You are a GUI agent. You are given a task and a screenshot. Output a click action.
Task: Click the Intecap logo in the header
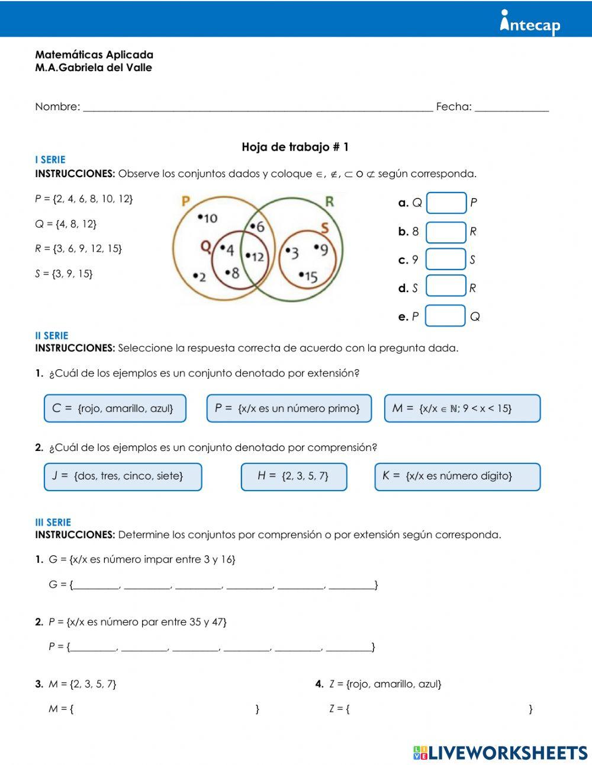pos(530,23)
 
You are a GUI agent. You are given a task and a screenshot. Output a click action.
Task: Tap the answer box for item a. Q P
pos(446,203)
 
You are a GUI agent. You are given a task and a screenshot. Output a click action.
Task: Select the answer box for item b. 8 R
pos(446,232)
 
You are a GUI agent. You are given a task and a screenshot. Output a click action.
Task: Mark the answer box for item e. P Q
pos(445,316)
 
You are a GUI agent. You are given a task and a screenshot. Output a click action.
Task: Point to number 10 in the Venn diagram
pos(209,219)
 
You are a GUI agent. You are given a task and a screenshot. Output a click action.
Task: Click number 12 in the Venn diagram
pos(256,257)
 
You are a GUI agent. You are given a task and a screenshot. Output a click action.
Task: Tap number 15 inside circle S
pos(309,276)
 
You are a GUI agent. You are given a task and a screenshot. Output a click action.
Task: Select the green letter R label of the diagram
pos(329,201)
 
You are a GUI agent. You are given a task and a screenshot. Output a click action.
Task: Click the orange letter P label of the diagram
pos(185,201)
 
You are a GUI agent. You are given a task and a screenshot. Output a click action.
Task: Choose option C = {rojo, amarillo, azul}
pos(115,408)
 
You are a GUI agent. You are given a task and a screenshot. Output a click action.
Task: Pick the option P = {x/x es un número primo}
pos(289,408)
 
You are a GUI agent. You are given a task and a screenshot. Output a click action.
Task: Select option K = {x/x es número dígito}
pos(457,476)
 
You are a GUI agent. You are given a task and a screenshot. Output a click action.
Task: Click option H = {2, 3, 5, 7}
pos(294,476)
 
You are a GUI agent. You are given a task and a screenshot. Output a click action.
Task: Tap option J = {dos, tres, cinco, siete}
pos(123,476)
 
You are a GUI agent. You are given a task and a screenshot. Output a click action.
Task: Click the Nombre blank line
pos(258,107)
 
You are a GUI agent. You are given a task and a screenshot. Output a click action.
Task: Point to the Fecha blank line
pos(511,107)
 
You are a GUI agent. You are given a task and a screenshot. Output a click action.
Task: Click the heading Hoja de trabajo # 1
pos(295,147)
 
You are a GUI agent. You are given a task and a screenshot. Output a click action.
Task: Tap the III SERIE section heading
pos(53,523)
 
